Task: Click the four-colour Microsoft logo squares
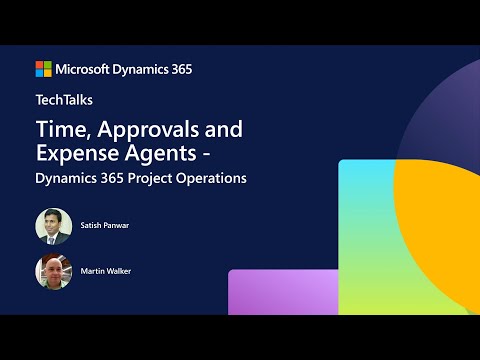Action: coord(44,69)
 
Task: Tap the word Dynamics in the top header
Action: coord(143,69)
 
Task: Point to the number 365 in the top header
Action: coord(180,69)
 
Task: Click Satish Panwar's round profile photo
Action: coord(53,226)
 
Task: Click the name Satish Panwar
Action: coord(106,226)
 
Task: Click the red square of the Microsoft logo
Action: coord(40,65)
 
